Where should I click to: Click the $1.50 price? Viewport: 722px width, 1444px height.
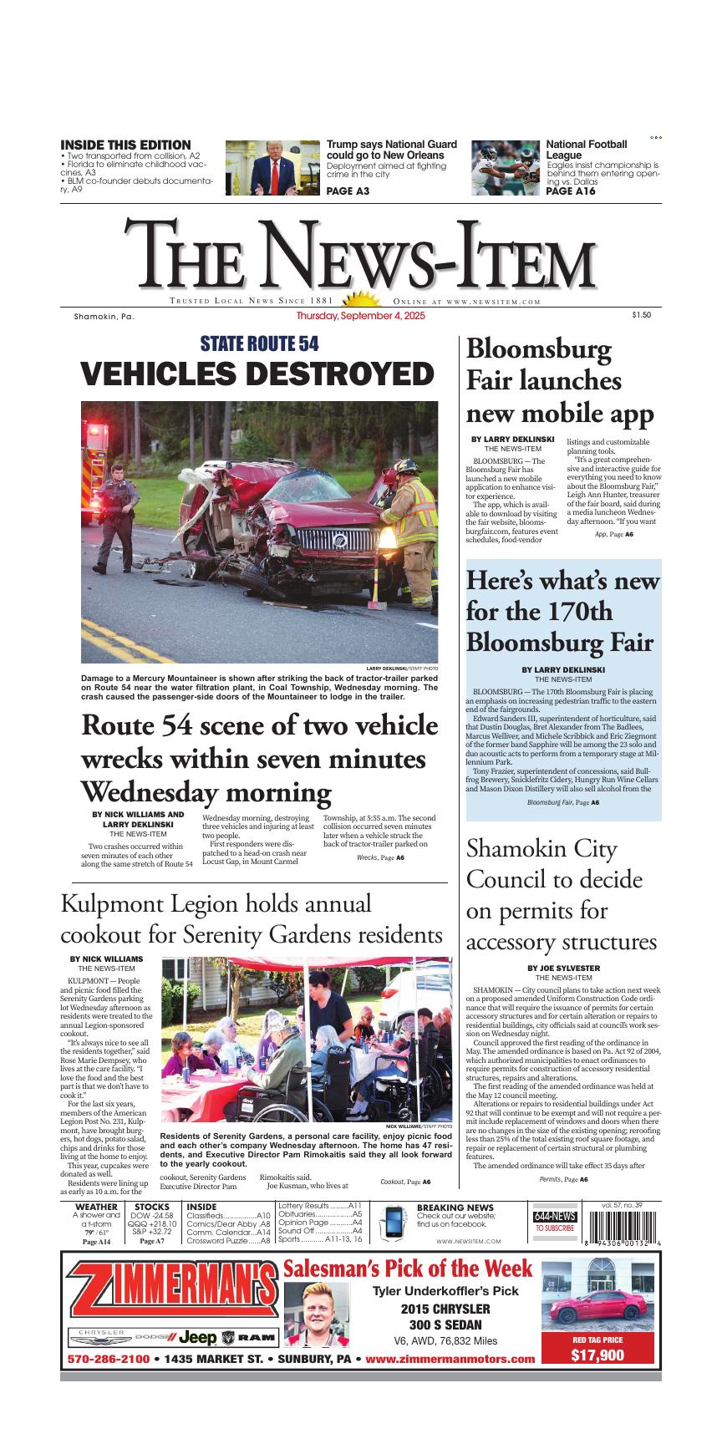tap(641, 315)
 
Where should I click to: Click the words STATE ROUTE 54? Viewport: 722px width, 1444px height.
tap(259, 343)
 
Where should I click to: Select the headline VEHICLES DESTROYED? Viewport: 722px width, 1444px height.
tap(258, 374)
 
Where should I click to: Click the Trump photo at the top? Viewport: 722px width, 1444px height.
tap(272, 167)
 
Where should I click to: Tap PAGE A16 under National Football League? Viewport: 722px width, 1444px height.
tap(571, 191)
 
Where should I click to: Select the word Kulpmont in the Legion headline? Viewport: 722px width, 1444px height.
tap(109, 905)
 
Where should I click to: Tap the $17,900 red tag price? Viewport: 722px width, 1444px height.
tap(597, 1355)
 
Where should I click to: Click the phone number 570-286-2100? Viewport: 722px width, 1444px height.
tap(109, 1360)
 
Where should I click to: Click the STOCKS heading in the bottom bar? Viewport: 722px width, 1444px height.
tap(152, 1207)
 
